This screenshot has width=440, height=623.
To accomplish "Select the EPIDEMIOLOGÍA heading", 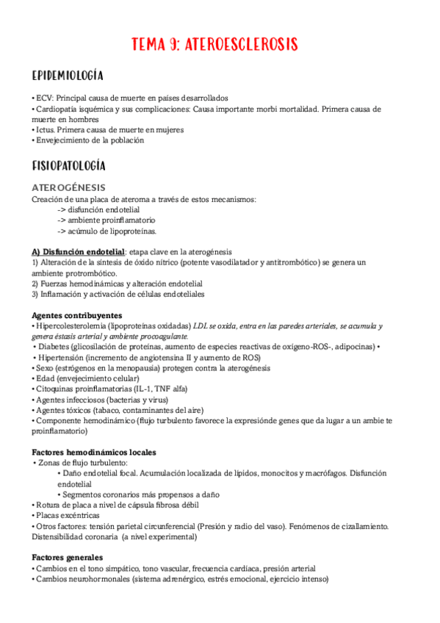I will [x=68, y=76].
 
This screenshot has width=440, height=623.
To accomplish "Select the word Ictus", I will [x=46, y=129].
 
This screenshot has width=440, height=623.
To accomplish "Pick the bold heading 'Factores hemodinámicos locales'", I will [x=94, y=452].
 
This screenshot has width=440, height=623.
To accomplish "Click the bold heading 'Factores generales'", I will [x=68, y=558].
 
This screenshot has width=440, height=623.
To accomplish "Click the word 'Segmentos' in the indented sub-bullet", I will [x=84, y=494].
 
